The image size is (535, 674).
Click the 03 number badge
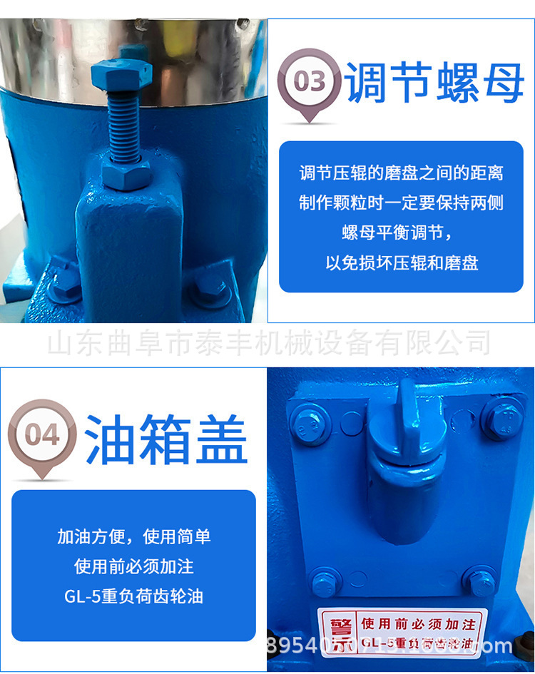pyautogui.click(x=310, y=81)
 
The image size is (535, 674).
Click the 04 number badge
pyautogui.click(x=41, y=434)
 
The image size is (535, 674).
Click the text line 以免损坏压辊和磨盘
pyautogui.click(x=402, y=262)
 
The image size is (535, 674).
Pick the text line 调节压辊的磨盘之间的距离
pyautogui.click(x=402, y=173)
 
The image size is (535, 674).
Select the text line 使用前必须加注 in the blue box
pyautogui.click(x=134, y=566)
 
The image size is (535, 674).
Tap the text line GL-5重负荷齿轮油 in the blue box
pyautogui.click(x=134, y=596)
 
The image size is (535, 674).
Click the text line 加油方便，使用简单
pyautogui.click(x=134, y=536)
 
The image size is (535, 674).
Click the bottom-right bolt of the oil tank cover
pyautogui.click(x=479, y=579)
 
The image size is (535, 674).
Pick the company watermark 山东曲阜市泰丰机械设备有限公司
pyautogui.click(x=268, y=343)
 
